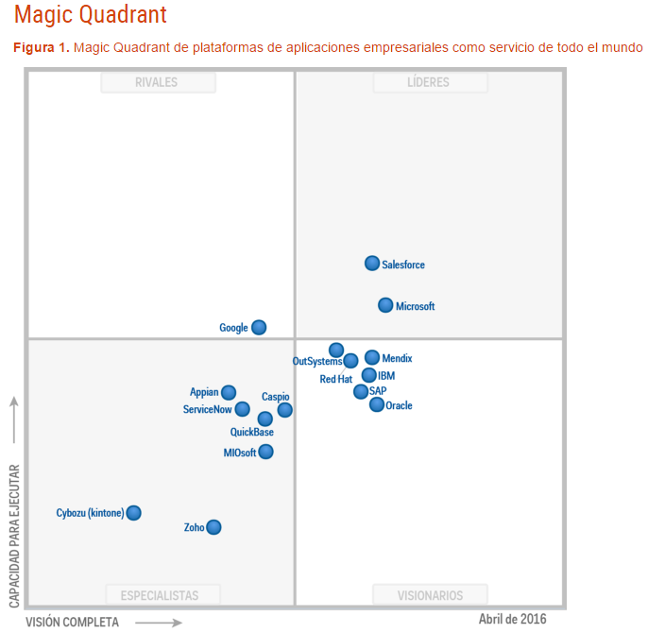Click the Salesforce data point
[372, 264]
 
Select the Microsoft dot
[385, 305]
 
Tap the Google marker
[259, 328]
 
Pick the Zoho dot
[213, 527]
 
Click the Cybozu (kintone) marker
[134, 513]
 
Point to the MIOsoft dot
[266, 452]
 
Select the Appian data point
[229, 392]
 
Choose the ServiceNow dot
[243, 409]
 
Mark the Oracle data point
[377, 404]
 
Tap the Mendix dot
[372, 357]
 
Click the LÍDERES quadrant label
[430, 83]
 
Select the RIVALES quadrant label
[157, 83]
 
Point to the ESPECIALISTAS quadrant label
[160, 595]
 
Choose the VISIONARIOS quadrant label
[430, 595]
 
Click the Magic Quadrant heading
[91, 15]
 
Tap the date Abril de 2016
[512, 619]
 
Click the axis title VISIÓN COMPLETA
[72, 622]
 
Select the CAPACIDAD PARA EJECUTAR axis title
[14, 534]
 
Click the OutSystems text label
[317, 361]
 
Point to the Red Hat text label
[335, 379]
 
